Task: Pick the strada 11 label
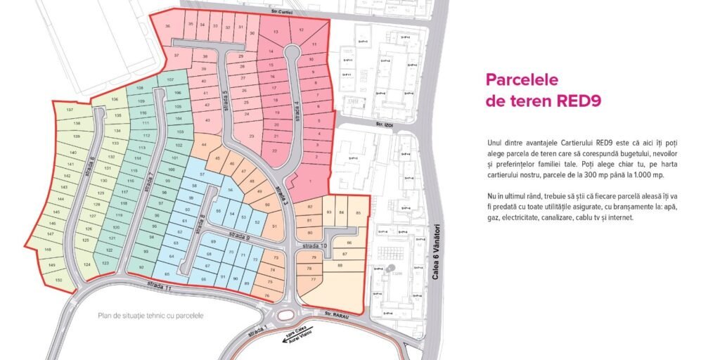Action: point(160,285)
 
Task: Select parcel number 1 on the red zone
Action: point(310,181)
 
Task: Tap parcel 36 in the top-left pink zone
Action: point(167,26)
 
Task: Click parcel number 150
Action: point(58,280)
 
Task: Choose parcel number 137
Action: point(70,110)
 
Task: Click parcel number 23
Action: point(251,136)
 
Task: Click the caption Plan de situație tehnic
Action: point(151,316)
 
